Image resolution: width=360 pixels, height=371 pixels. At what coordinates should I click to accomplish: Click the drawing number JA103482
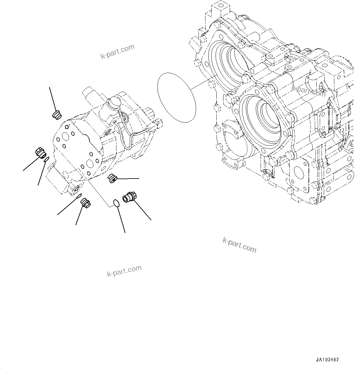click(x=327, y=360)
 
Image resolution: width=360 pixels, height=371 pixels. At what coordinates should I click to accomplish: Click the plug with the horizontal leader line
click(x=112, y=178)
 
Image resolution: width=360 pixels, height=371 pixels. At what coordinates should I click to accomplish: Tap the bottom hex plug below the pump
click(x=85, y=203)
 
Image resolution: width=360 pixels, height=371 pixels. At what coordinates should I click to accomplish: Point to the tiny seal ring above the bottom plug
click(x=79, y=196)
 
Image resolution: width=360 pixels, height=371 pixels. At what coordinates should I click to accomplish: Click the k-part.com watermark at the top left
click(x=118, y=51)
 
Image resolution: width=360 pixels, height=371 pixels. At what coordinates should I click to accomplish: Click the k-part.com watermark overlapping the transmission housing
click(x=309, y=90)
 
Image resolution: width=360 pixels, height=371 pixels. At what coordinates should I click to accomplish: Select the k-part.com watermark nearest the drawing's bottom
click(x=124, y=271)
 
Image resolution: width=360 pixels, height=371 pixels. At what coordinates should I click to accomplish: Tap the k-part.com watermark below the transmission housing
click(x=239, y=245)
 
